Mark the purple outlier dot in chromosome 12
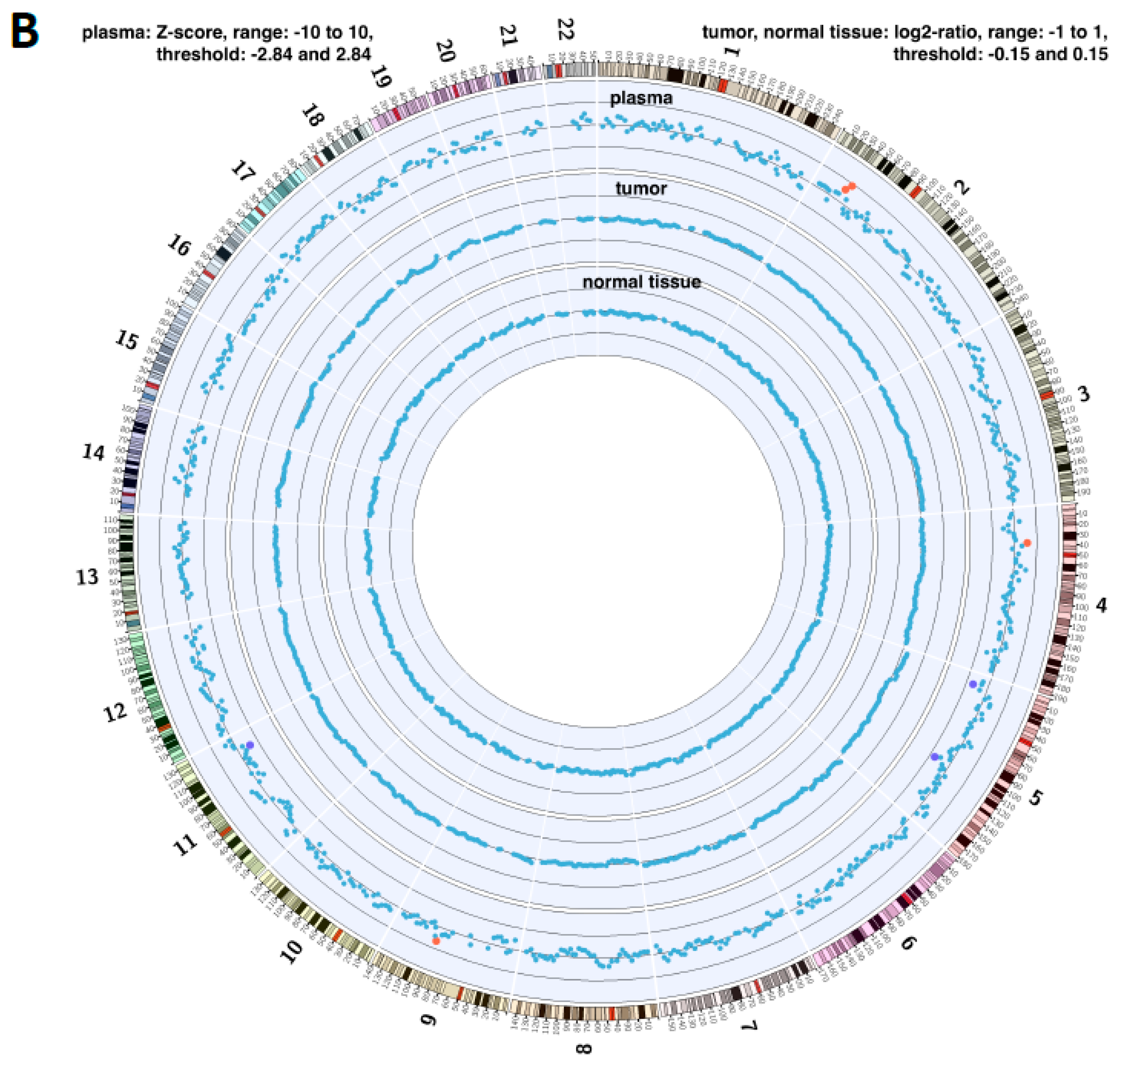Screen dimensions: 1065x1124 pos(250,745)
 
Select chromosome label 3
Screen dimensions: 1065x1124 pos(1084,393)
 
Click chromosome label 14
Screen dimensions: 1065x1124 pos(94,453)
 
